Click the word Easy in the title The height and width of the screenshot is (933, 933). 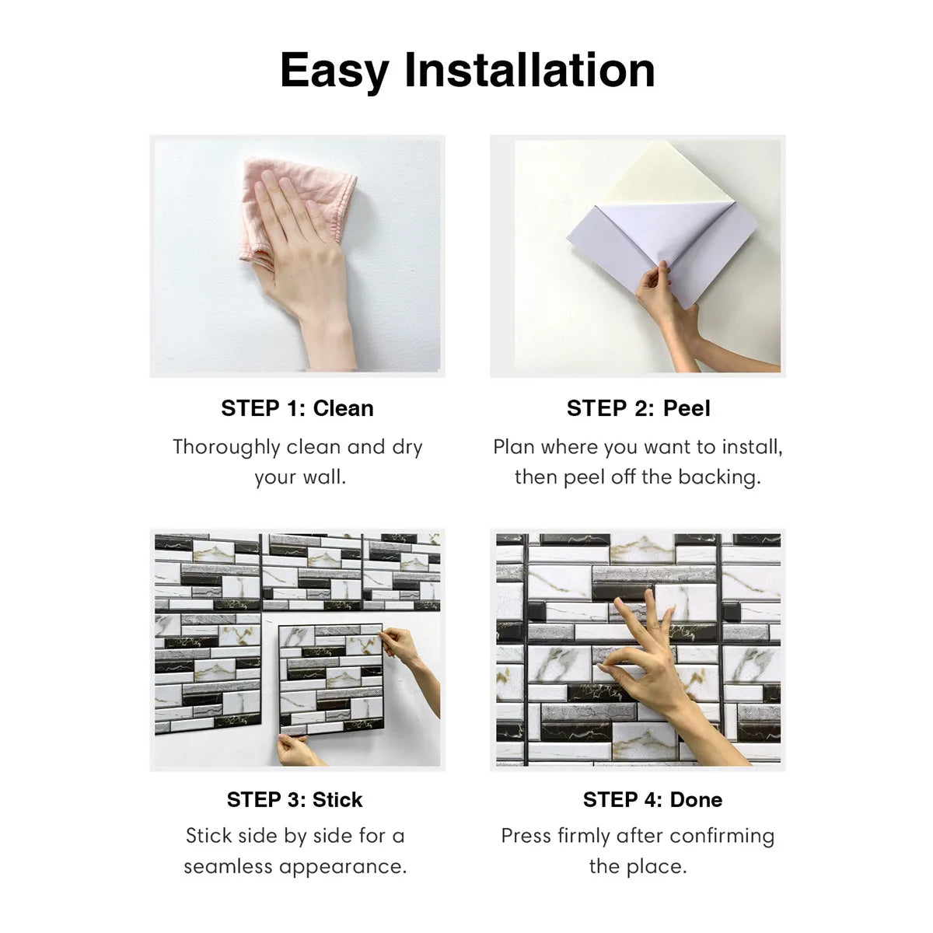(x=334, y=70)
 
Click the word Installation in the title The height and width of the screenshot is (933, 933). (x=529, y=70)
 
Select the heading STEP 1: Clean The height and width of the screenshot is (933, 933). (x=297, y=408)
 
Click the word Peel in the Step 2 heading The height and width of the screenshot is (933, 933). (x=687, y=408)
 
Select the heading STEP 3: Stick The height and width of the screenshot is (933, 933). (x=295, y=799)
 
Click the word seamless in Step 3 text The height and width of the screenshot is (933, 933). (x=229, y=866)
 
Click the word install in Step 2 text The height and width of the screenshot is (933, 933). (x=750, y=447)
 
